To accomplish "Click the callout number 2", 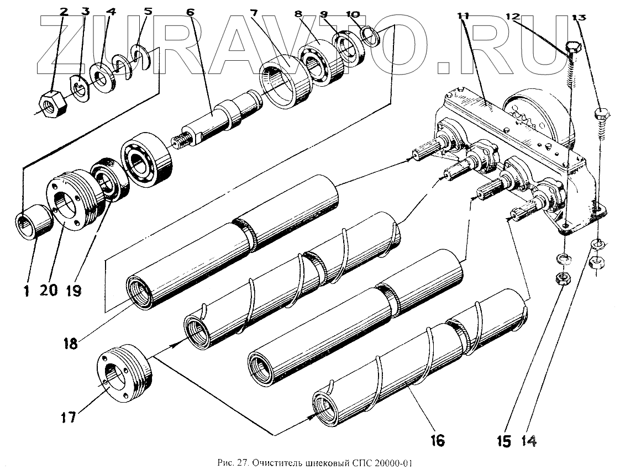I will [x=64, y=12].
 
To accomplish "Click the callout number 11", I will [x=463, y=15].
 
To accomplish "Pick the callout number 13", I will [x=579, y=17].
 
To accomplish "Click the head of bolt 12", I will [x=573, y=50].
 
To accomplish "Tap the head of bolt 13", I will [x=601, y=115].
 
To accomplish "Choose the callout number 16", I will [x=436, y=440].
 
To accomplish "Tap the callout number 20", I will [x=48, y=289].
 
